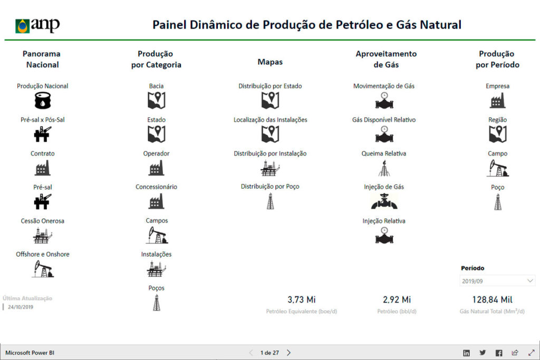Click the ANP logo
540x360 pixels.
pyautogui.click(x=37, y=25)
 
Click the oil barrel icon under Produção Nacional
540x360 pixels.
pyautogui.click(x=42, y=101)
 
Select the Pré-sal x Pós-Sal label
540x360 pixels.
pyautogui.click(x=42, y=120)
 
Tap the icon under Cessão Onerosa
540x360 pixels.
pyautogui.click(x=42, y=236)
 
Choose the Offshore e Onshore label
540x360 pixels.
pyautogui.click(x=42, y=254)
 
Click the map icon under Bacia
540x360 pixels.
pyautogui.click(x=156, y=101)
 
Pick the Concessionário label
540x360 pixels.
pyautogui.click(x=156, y=187)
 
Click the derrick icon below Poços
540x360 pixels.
pyautogui.click(x=156, y=303)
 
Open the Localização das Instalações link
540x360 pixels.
pyautogui.click(x=270, y=120)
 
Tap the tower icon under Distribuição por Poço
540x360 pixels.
pyautogui.click(x=270, y=201)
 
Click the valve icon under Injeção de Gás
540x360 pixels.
pyautogui.click(x=384, y=201)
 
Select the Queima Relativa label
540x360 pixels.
pyautogui.click(x=384, y=153)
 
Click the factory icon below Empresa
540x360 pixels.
pyautogui.click(x=497, y=100)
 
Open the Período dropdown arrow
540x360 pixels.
pyautogui.click(x=530, y=280)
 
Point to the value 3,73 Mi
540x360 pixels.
pyautogui.click(x=302, y=299)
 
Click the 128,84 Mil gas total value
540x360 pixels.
pyautogui.click(x=492, y=299)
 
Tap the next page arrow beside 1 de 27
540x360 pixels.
pyautogui.click(x=288, y=353)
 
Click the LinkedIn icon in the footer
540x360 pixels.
pyautogui.click(x=466, y=353)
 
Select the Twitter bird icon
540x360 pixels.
pyautogui.click(x=483, y=353)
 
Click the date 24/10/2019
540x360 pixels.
pyautogui.click(x=21, y=307)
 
